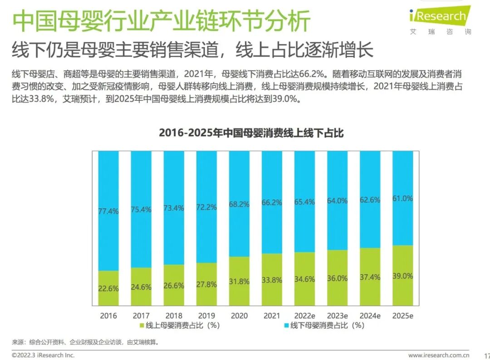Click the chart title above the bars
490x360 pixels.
(x=251, y=133)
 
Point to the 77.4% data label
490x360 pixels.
(x=108, y=211)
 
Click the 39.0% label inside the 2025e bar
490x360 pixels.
(x=402, y=276)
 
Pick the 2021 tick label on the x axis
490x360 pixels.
(x=272, y=316)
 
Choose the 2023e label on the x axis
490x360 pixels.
(x=337, y=316)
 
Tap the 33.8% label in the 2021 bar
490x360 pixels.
(x=272, y=280)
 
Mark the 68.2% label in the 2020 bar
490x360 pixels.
(x=239, y=204)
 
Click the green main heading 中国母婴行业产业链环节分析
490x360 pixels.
(x=161, y=21)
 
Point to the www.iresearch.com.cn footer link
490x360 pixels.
(x=438, y=355)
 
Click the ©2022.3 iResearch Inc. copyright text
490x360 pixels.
(x=43, y=355)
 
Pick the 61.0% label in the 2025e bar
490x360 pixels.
(x=402, y=198)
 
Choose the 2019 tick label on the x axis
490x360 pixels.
(x=206, y=316)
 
